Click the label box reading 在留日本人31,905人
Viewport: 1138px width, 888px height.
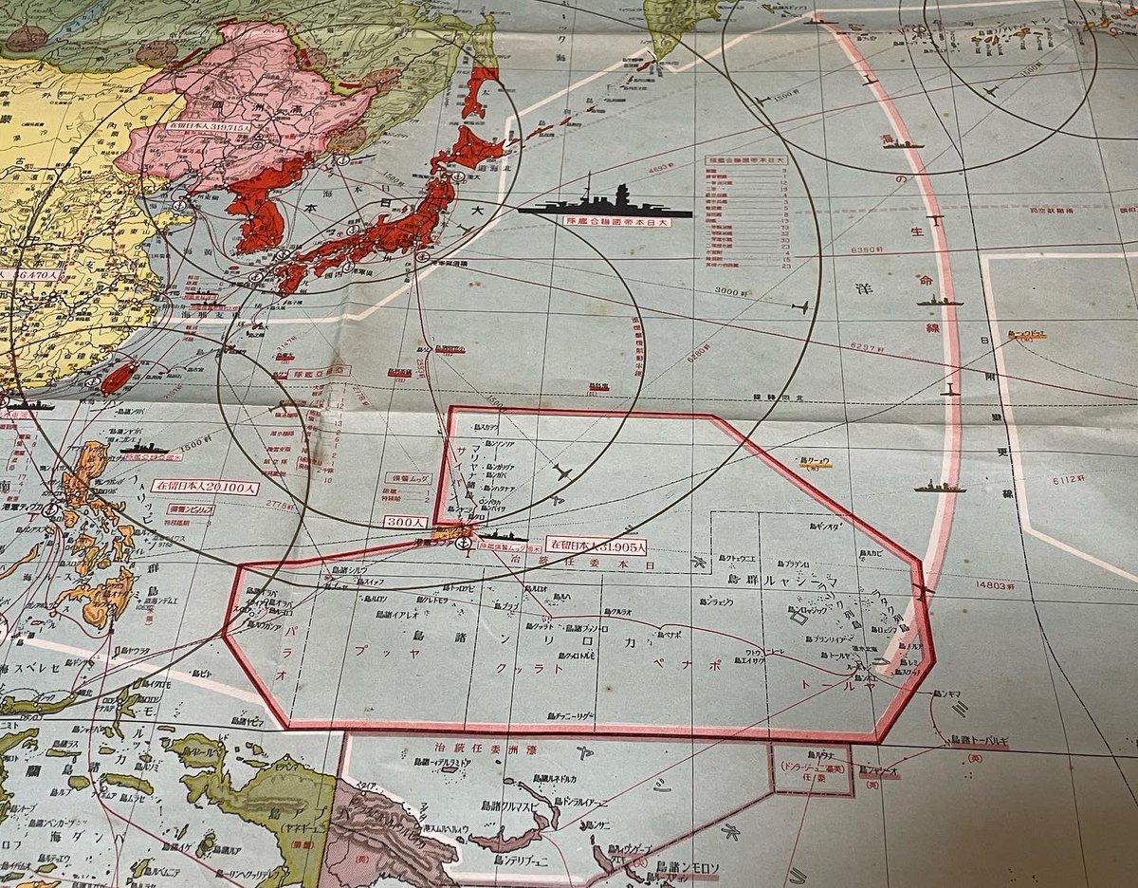coord(597,546)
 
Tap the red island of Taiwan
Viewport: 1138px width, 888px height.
coord(117,376)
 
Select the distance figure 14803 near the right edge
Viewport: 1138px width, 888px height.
coord(994,586)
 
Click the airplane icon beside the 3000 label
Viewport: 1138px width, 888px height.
coord(799,307)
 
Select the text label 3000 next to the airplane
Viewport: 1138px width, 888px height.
coord(732,291)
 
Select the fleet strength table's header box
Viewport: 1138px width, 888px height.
coord(745,160)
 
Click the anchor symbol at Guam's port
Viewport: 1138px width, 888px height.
coord(462,543)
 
